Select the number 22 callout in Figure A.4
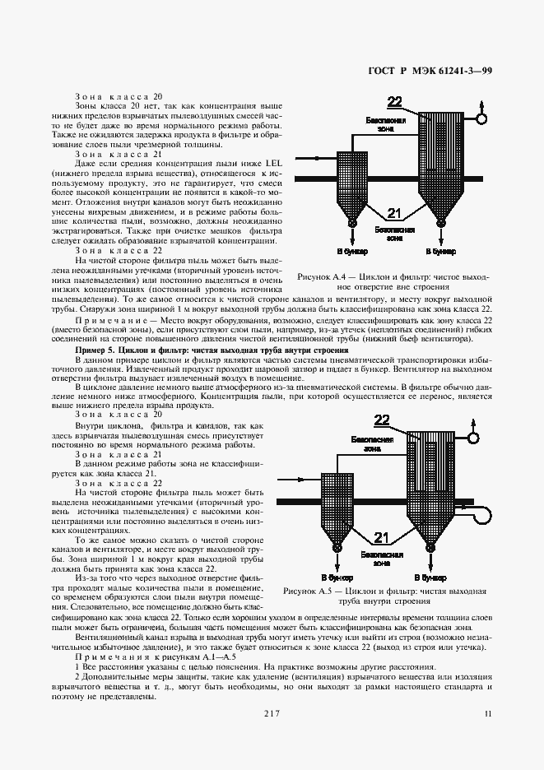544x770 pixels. point(394,102)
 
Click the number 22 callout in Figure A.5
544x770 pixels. point(382,420)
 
